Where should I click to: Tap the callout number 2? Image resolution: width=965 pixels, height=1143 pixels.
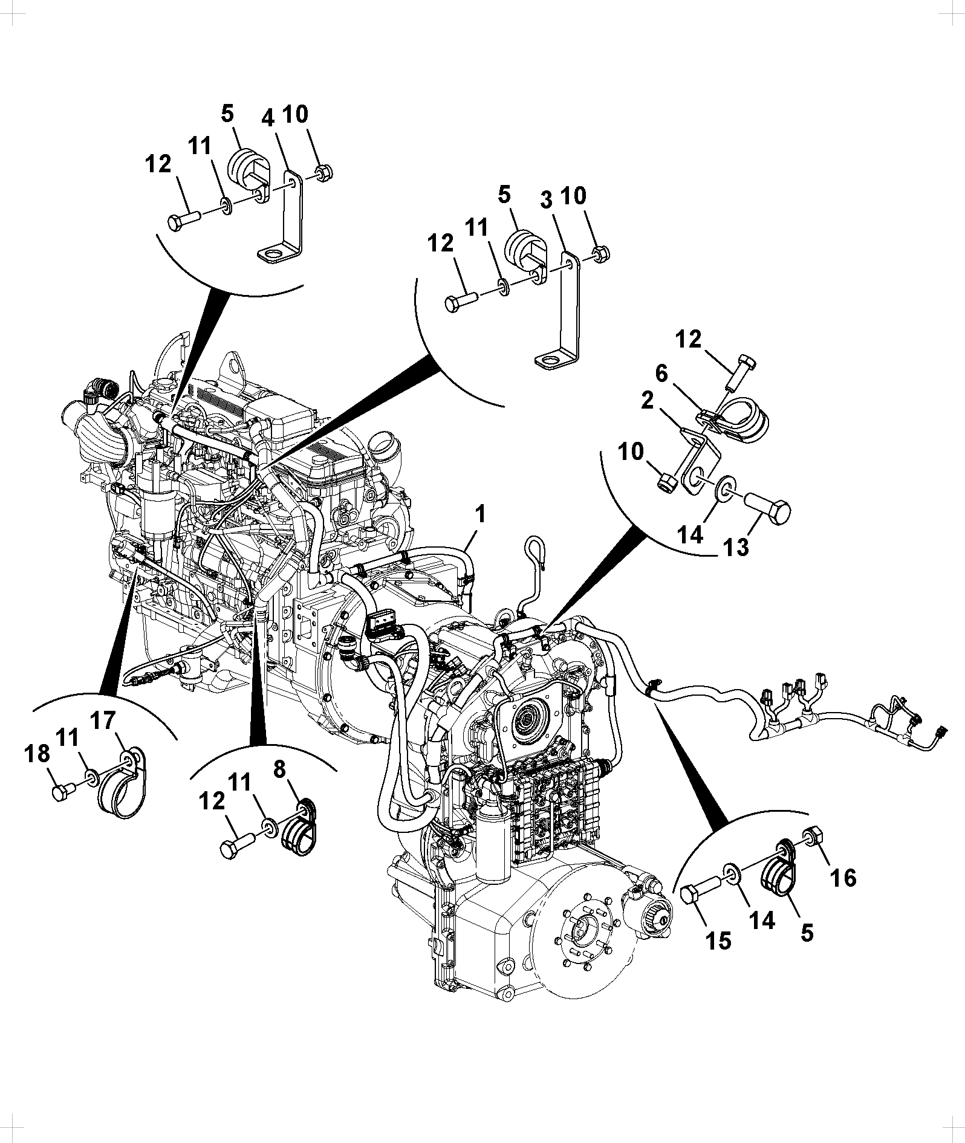click(x=648, y=401)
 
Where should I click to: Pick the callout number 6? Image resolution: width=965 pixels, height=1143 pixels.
click(x=662, y=374)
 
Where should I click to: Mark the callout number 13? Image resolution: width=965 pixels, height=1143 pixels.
click(x=736, y=546)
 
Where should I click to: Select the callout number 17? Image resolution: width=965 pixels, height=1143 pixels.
click(x=103, y=722)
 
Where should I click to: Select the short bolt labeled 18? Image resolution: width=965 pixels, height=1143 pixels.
click(x=63, y=791)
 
